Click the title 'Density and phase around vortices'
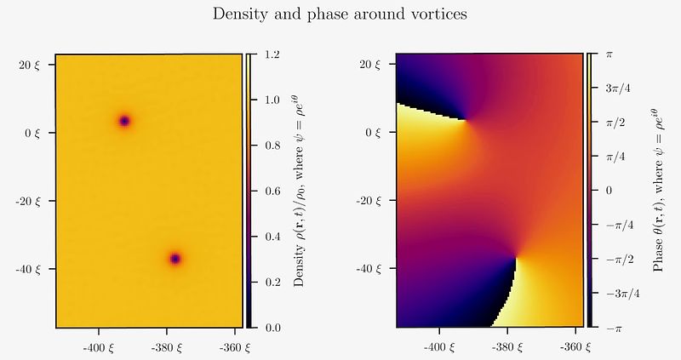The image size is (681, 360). pos(340,14)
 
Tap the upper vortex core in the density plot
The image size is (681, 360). pos(124,121)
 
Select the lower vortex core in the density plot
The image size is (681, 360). pos(175,258)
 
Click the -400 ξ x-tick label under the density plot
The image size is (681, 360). pos(100,347)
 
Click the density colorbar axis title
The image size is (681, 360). pos(300,191)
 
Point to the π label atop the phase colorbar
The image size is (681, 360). pos(609,54)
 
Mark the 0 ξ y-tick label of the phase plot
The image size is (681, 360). pos(373,133)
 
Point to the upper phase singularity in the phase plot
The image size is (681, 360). pos(465,120)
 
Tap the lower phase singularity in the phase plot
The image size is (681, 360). pos(516,257)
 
